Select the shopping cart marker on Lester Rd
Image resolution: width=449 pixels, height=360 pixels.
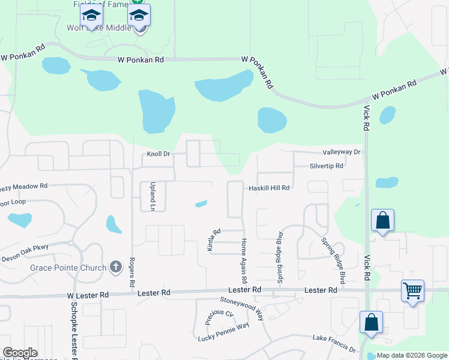412,291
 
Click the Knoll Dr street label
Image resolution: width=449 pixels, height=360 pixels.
159,154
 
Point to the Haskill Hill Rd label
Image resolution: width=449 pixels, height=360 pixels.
270,188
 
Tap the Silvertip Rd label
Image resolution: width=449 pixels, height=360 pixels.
327,166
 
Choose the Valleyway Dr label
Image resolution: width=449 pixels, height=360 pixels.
341,152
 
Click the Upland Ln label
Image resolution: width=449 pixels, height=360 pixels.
153,197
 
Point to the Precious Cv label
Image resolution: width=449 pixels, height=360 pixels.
219,316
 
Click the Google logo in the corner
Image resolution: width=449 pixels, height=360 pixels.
19,353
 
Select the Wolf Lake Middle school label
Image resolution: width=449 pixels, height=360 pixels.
99,27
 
